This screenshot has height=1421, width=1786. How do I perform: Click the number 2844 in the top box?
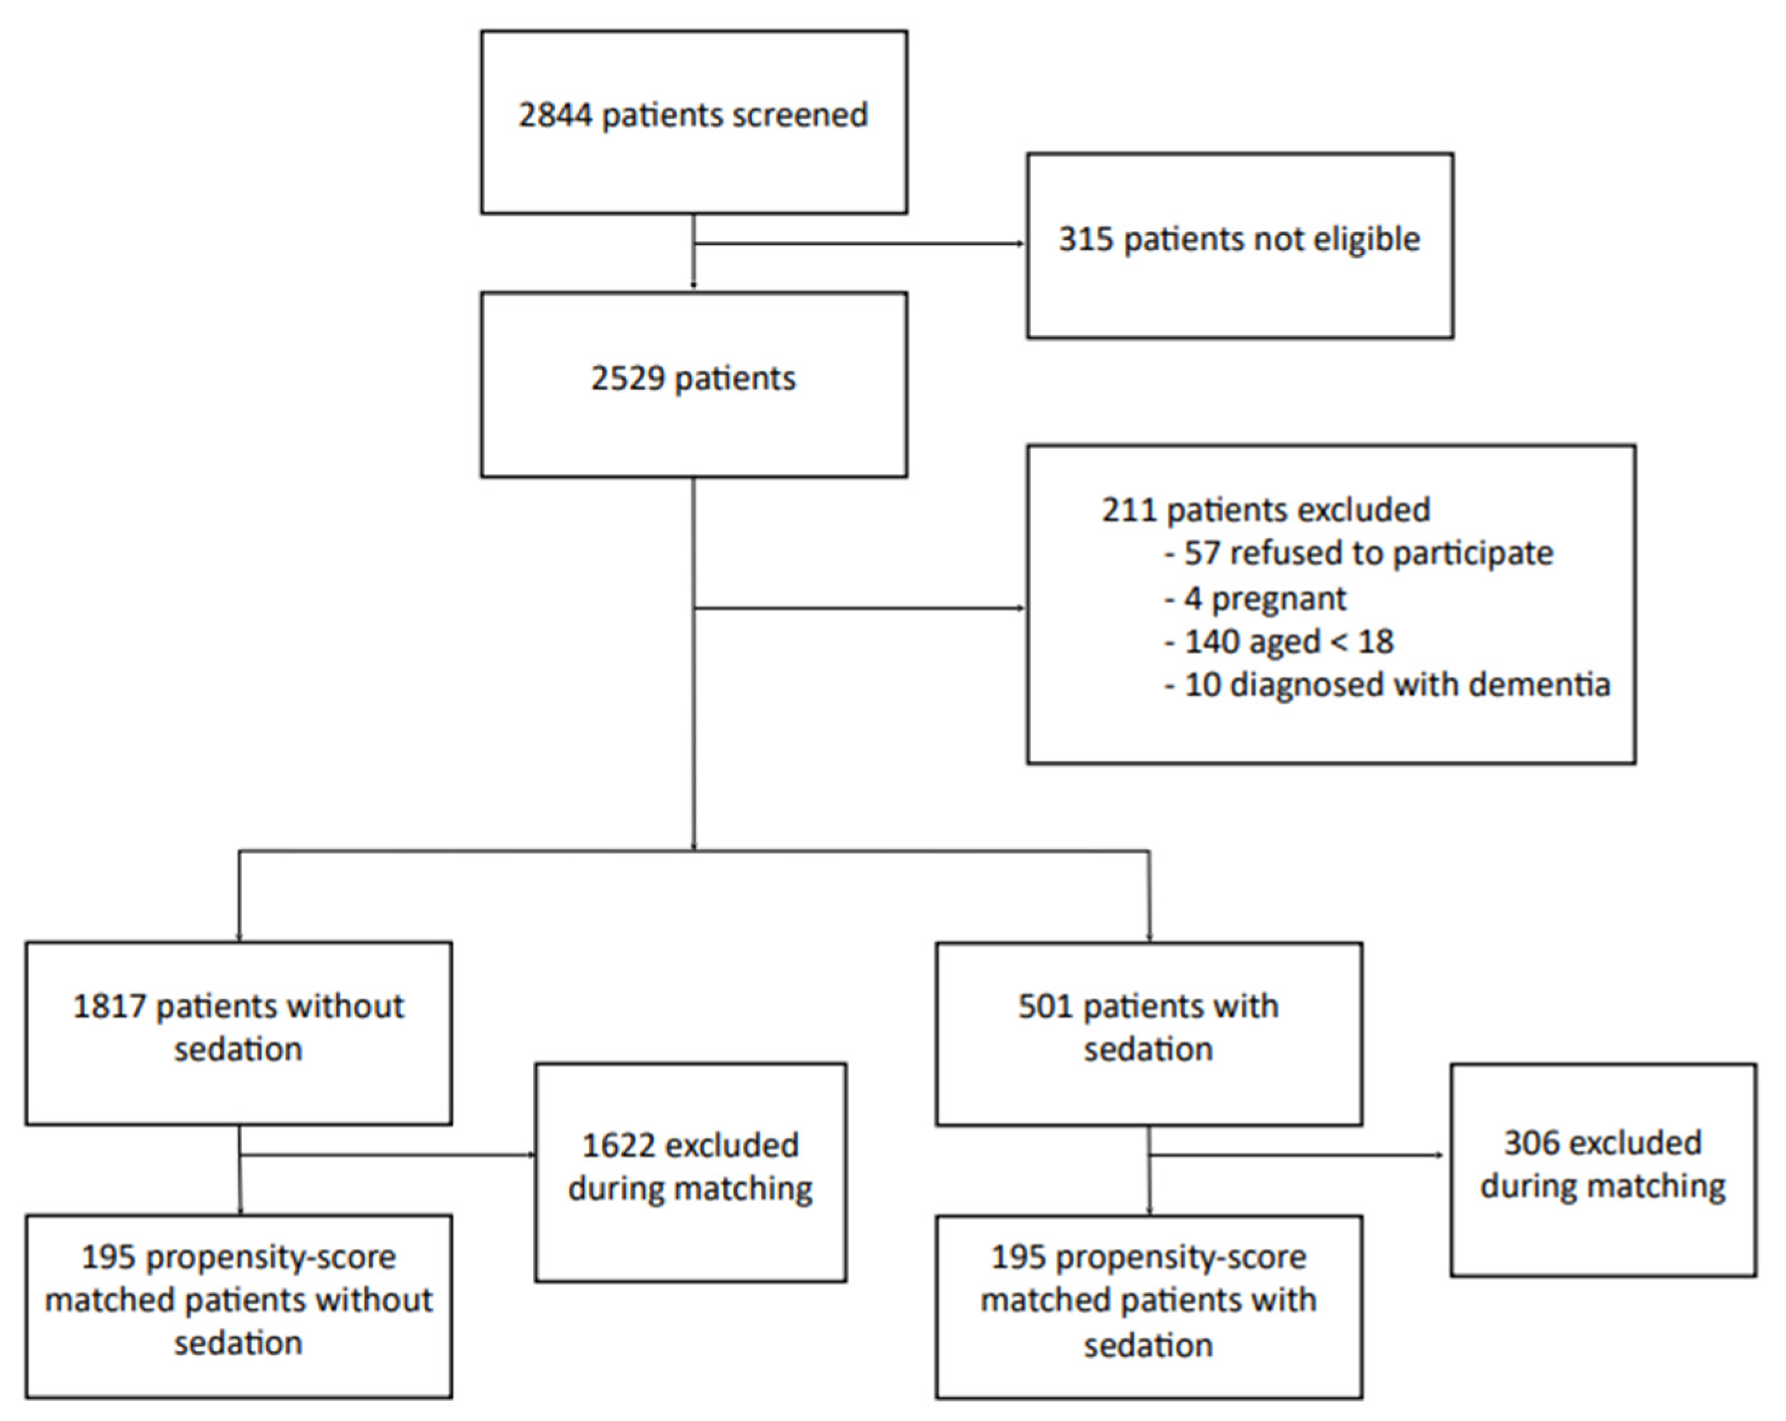[554, 115]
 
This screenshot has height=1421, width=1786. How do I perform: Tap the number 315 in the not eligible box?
[1085, 239]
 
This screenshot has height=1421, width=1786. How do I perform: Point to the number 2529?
[627, 379]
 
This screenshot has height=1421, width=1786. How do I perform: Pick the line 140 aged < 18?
[1280, 642]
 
